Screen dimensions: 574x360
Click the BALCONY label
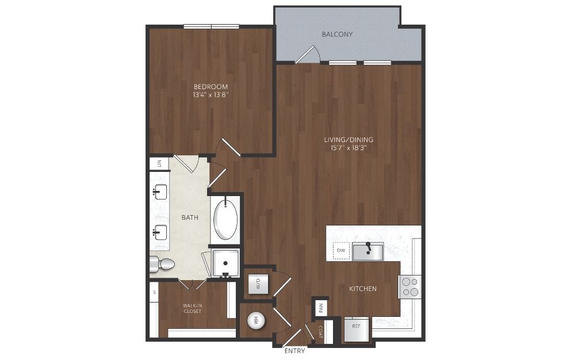(x=337, y=34)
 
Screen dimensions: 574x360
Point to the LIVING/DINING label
(x=349, y=139)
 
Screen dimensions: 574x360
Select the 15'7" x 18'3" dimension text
(x=349, y=148)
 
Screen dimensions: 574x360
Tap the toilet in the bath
(x=162, y=264)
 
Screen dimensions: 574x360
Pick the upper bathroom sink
(x=160, y=192)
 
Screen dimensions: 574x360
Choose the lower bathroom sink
(x=160, y=232)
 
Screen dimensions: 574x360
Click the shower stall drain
(x=225, y=263)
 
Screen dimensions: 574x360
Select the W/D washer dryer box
(x=258, y=284)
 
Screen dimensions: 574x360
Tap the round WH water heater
(x=257, y=321)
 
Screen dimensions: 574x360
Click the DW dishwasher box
(x=341, y=251)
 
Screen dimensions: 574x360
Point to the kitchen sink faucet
(x=368, y=248)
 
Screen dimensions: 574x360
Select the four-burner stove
(x=410, y=287)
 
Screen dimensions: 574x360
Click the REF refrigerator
(x=356, y=329)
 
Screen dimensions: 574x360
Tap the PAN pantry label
(x=321, y=308)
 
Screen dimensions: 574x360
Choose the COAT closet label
(x=321, y=332)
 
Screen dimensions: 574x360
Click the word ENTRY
(x=294, y=351)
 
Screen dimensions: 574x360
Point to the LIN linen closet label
(x=159, y=163)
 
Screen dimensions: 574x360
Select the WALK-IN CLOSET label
(x=193, y=308)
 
